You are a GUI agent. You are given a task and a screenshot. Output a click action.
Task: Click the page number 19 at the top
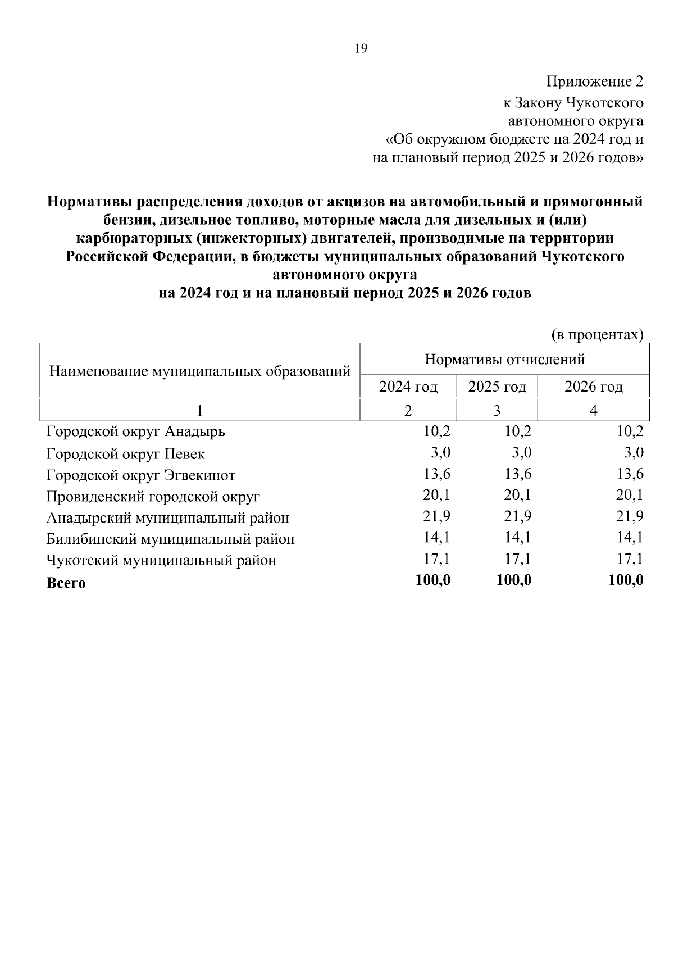coord(361,49)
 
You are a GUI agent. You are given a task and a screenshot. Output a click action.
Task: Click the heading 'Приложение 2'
coord(595,82)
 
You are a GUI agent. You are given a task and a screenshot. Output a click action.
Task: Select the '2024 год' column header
coord(408,387)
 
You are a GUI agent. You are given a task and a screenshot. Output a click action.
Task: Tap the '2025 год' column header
coord(497,387)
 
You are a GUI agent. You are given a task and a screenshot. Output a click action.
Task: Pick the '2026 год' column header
coord(593,387)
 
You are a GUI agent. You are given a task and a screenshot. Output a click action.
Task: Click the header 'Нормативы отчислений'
coord(504,359)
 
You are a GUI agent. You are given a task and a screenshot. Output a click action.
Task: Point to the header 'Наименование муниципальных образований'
coord(200,371)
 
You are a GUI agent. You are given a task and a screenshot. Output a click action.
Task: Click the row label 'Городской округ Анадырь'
coord(136,432)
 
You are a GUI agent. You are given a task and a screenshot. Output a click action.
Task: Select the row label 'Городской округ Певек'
coord(126,453)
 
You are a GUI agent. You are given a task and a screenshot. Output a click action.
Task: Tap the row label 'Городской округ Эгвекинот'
coord(141,475)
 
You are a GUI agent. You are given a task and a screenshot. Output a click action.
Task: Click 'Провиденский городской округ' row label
coord(153,497)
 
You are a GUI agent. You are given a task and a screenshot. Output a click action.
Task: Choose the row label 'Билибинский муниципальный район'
coord(170,539)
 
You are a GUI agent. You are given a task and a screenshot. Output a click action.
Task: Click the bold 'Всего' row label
coord(66,583)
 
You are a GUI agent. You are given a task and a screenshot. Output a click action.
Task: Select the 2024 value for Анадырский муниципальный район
coord(436,516)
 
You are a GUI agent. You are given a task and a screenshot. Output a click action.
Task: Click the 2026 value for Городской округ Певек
coord(633,453)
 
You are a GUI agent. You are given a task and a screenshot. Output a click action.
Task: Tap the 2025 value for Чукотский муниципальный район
coord(517,559)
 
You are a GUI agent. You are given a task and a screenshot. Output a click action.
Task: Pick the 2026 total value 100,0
coord(626,580)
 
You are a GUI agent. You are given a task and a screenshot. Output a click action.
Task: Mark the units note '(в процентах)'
coord(596,335)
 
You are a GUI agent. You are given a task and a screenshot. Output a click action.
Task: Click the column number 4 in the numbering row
coord(593,411)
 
